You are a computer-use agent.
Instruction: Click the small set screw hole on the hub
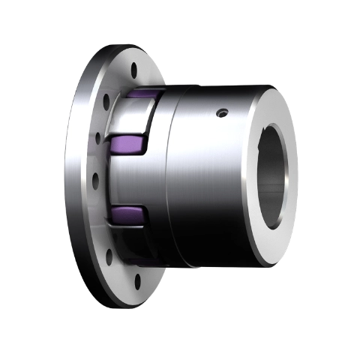point(220,113)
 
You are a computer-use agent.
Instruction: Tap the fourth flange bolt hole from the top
point(94,178)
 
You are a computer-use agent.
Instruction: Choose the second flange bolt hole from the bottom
point(109,256)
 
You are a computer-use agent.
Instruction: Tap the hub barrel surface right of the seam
point(210,180)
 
